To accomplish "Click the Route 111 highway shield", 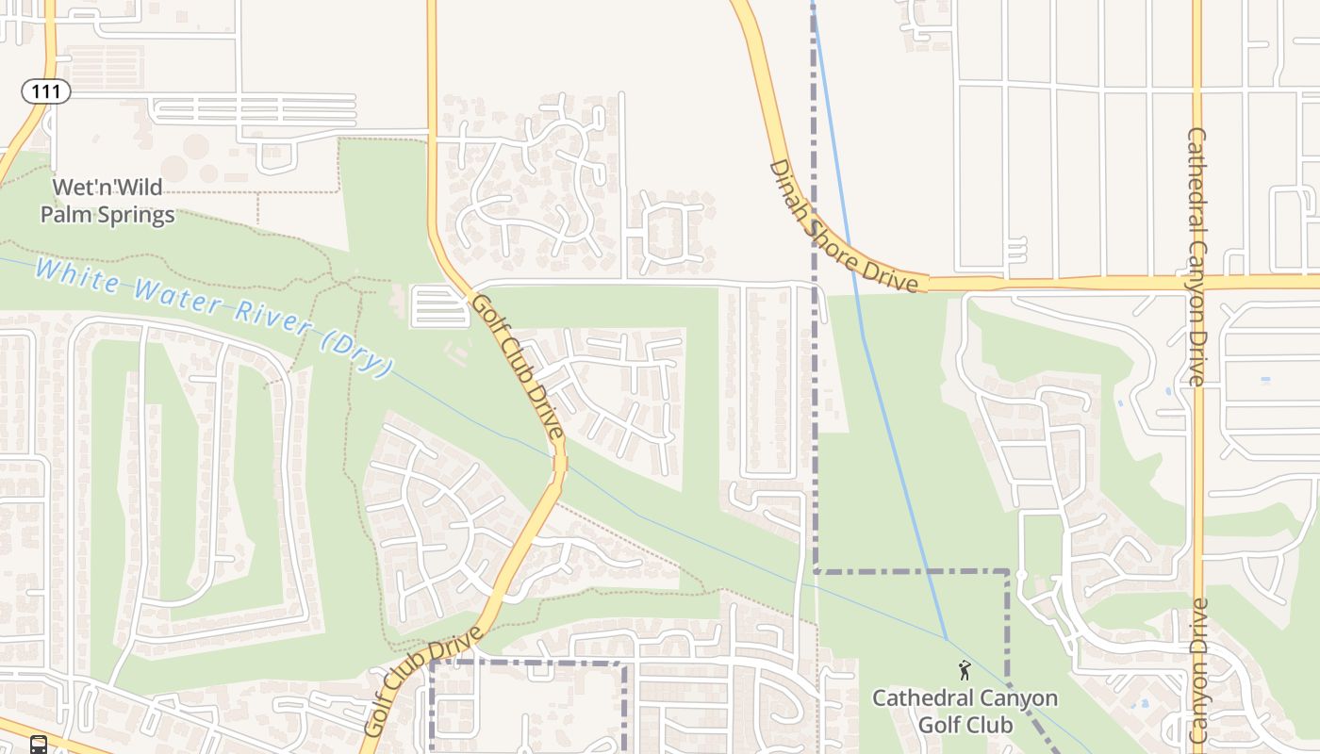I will pos(46,91).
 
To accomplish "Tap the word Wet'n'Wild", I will pos(107,188).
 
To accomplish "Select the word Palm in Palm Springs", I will pos(65,215).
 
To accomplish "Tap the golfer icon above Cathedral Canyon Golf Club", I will pos(964,670).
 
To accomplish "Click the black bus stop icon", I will pos(39,745).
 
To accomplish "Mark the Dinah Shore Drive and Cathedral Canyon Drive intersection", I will pos(1196,282).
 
